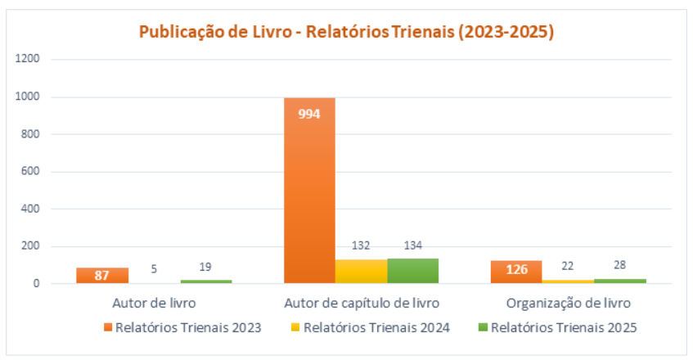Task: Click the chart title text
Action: [x=346, y=32]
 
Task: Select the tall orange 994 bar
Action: [x=309, y=191]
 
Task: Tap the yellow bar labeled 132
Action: [x=361, y=272]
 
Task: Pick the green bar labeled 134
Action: [x=412, y=271]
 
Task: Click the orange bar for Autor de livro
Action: [x=102, y=276]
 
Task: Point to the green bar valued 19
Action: [x=205, y=281]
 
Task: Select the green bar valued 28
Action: [x=619, y=281]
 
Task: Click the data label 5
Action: [x=154, y=268]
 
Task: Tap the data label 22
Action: [x=567, y=265]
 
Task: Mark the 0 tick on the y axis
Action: [x=38, y=284]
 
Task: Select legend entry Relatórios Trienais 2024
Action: [x=376, y=328]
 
